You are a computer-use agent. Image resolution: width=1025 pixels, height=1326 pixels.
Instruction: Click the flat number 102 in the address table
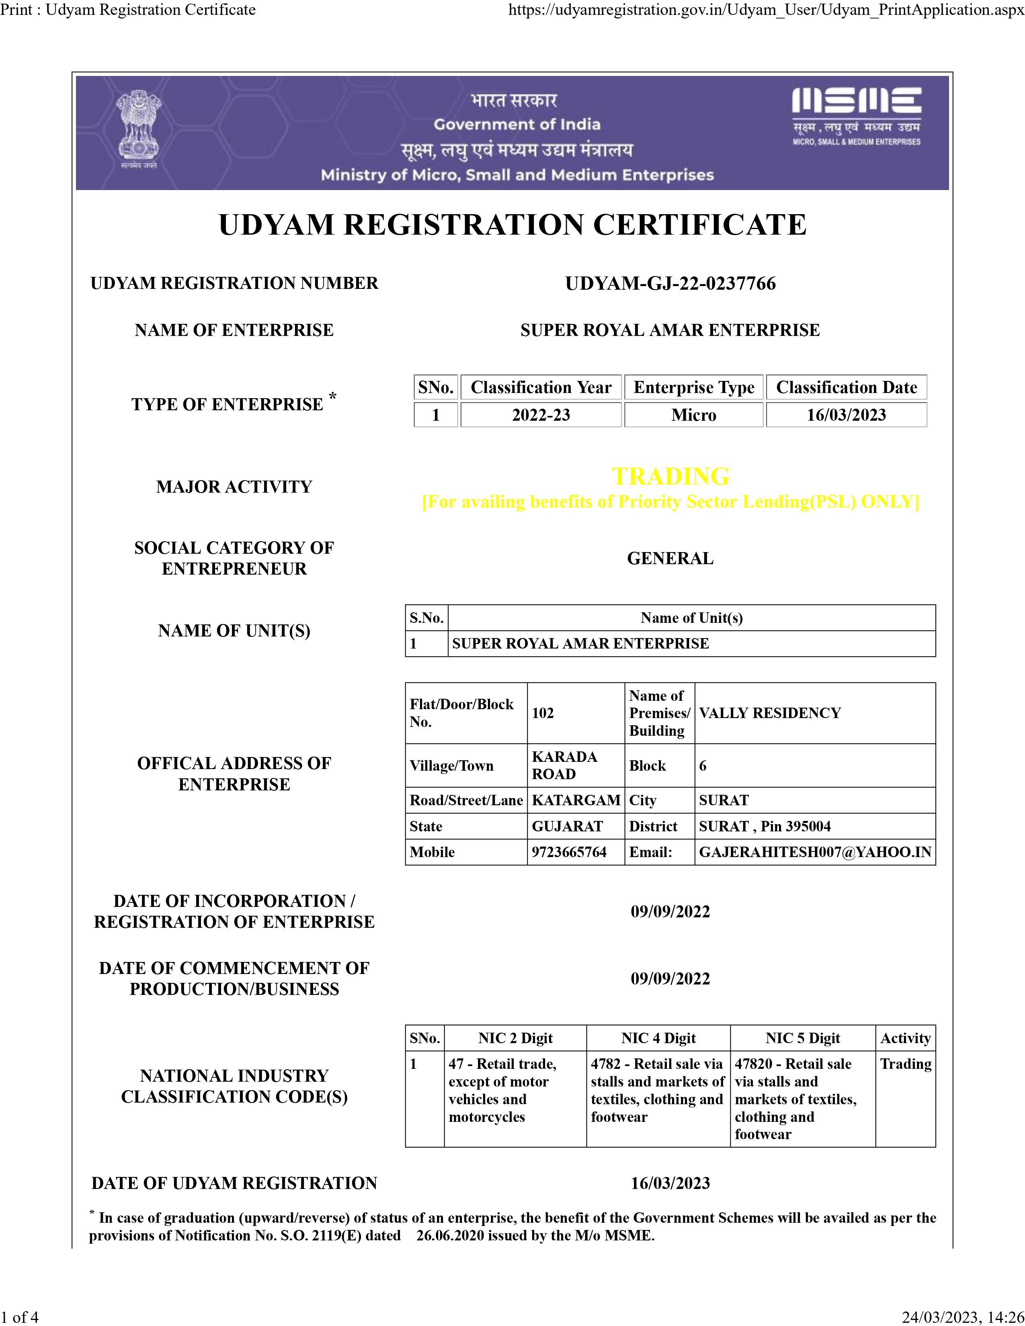pyautogui.click(x=543, y=713)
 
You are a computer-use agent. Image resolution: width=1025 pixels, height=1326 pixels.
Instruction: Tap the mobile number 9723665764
pyautogui.click(x=569, y=852)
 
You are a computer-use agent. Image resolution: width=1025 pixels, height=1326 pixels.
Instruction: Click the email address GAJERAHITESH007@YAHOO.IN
pyautogui.click(x=815, y=852)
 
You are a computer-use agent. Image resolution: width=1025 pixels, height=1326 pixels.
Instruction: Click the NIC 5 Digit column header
pyautogui.click(x=802, y=1038)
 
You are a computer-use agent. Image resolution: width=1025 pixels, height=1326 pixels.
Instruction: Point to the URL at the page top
pyautogui.click(x=766, y=10)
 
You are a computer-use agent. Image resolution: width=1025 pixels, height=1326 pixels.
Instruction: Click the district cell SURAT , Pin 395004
pyautogui.click(x=765, y=826)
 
